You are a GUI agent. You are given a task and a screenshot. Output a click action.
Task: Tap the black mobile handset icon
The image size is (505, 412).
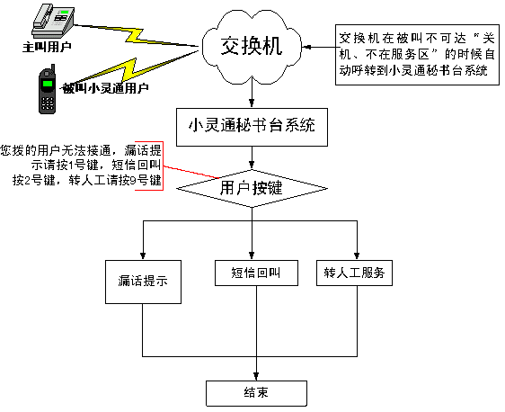click(x=48, y=89)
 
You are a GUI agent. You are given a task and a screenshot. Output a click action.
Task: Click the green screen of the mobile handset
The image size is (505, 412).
click(x=48, y=84)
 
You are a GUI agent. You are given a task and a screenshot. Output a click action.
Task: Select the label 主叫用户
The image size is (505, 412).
click(x=47, y=47)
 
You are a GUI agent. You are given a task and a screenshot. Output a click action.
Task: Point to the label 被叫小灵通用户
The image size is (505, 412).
click(x=105, y=88)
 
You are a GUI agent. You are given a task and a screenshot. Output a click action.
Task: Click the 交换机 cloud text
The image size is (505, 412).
click(x=252, y=46)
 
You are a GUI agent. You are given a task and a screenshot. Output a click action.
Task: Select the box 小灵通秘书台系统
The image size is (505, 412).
click(x=252, y=127)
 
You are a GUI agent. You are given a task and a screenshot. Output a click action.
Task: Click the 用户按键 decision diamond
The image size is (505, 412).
click(x=252, y=189)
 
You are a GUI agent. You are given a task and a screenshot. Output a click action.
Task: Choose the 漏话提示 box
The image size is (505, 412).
click(x=143, y=282)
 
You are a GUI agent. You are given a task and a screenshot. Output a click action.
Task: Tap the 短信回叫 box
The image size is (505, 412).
click(x=256, y=273)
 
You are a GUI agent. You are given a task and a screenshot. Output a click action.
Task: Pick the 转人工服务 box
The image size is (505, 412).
click(x=354, y=273)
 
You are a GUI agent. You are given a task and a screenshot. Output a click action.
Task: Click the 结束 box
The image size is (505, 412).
click(x=256, y=393)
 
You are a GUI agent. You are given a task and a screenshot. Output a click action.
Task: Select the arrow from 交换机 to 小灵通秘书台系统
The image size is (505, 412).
click(x=252, y=94)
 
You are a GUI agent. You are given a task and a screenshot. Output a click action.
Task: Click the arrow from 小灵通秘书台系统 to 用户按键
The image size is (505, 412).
click(x=252, y=158)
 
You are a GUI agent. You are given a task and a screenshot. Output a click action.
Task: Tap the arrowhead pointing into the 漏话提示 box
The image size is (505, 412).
click(x=143, y=255)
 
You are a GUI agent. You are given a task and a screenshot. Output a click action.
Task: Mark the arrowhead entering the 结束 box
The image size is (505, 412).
click(x=256, y=376)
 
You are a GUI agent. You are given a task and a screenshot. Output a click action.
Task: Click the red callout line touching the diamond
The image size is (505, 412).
click(x=191, y=172)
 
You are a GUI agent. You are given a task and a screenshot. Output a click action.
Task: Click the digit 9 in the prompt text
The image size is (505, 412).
click(x=133, y=181)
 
